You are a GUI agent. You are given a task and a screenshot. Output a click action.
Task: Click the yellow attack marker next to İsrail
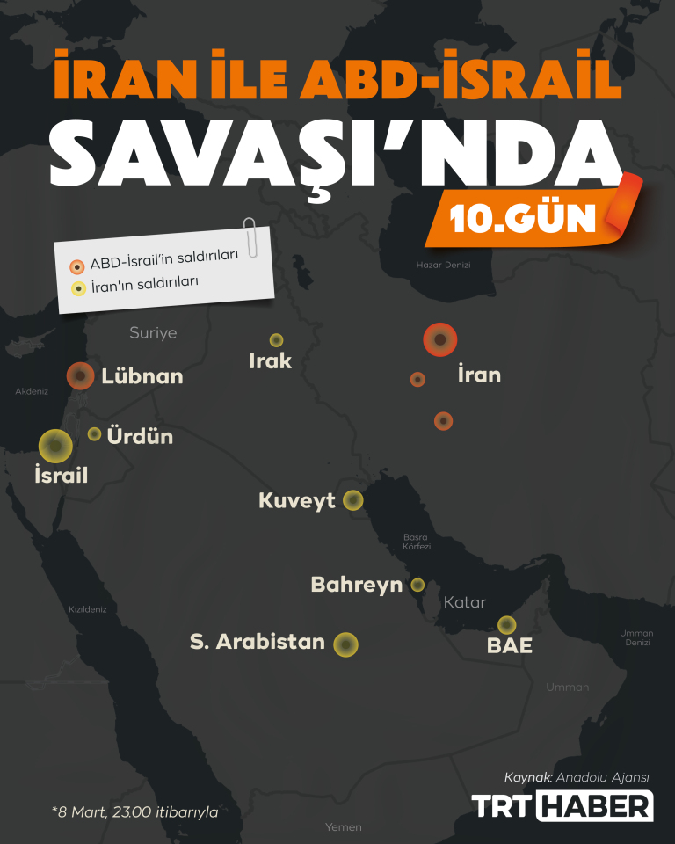point(55,447)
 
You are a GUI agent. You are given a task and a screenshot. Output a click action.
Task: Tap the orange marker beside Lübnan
point(81,376)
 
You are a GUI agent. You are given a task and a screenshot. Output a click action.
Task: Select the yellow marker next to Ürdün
point(94,433)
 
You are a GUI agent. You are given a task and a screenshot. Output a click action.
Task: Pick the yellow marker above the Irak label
point(276,340)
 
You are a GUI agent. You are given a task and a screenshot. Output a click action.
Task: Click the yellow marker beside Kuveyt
point(353,500)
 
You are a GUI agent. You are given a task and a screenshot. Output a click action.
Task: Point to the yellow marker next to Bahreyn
point(417,585)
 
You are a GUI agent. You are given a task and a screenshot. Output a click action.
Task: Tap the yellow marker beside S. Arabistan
point(346,644)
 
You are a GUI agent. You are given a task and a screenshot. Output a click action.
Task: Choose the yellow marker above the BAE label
point(505,625)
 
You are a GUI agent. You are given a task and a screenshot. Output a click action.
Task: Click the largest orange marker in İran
point(440,340)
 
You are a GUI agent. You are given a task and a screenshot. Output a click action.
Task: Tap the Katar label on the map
point(465,603)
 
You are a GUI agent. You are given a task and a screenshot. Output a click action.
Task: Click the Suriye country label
point(153,332)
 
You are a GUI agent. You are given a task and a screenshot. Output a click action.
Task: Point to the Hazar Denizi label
point(444,265)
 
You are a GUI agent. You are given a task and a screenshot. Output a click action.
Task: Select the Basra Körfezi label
point(417,542)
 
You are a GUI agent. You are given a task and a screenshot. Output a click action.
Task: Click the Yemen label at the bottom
point(343,827)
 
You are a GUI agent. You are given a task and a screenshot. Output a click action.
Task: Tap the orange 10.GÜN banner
point(532,217)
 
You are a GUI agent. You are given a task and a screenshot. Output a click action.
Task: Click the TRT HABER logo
point(562,806)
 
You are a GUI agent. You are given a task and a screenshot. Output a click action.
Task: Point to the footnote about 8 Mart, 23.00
point(134,811)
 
